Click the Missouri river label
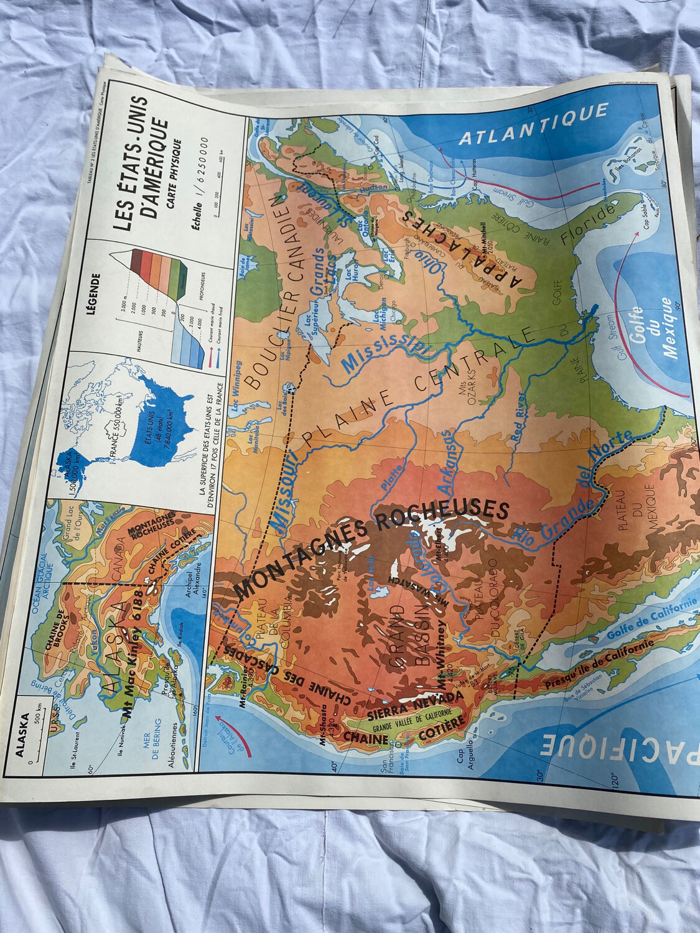coord(286,491)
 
